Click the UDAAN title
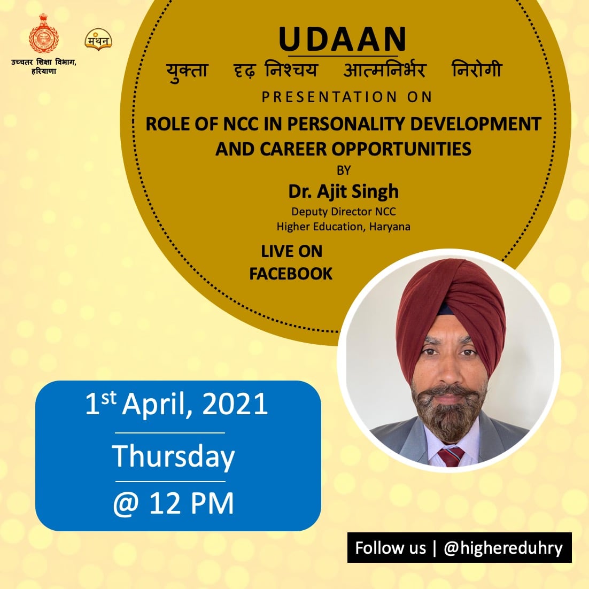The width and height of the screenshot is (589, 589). (x=343, y=38)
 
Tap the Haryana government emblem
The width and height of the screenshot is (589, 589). (x=44, y=34)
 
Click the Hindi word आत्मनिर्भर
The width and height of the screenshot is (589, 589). (x=384, y=70)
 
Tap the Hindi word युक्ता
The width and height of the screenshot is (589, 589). (x=187, y=71)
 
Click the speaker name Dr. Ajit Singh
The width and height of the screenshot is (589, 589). (x=343, y=191)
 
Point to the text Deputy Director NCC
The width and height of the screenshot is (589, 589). (x=343, y=212)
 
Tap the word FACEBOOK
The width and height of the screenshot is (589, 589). (x=291, y=274)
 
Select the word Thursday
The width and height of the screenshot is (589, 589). (x=173, y=457)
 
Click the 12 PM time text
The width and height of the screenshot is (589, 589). (x=191, y=503)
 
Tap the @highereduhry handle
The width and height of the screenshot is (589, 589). (x=503, y=548)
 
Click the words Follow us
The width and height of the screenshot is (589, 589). (x=390, y=548)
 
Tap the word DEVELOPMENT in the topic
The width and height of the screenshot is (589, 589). (x=476, y=124)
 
